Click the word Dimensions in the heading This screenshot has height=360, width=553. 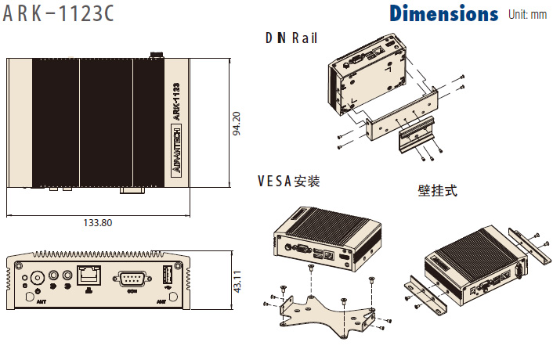tap(443, 14)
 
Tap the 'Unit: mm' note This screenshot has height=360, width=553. tap(527, 15)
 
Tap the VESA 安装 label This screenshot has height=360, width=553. tap(288, 182)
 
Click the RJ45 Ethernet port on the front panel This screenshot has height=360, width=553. tap(88, 276)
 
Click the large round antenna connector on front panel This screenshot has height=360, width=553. tap(36, 279)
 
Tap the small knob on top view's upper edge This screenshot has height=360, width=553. tap(156, 54)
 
